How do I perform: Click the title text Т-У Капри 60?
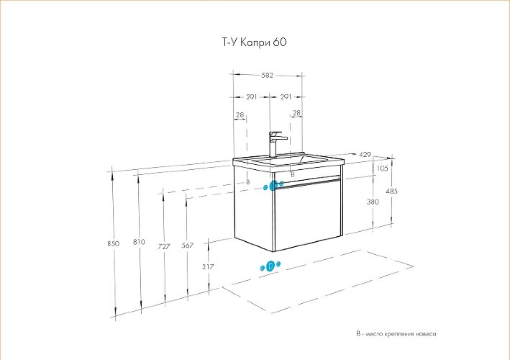[254, 42]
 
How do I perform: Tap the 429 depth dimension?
[365, 155]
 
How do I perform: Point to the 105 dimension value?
[382, 168]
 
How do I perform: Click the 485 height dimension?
[391, 192]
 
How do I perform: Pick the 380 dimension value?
[372, 202]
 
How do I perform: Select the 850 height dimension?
[113, 244]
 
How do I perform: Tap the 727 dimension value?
[163, 246]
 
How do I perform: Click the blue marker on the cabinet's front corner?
[273, 186]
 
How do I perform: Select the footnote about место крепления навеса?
[396, 334]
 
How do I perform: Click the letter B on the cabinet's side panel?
[247, 182]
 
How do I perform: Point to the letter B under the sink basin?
[292, 174]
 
